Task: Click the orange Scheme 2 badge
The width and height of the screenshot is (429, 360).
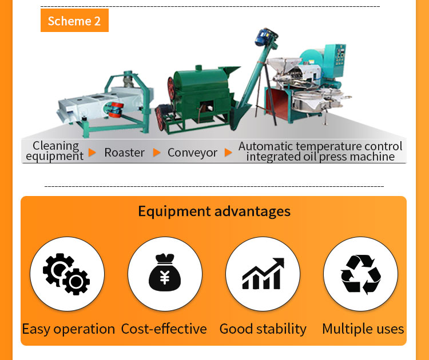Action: coord(74,20)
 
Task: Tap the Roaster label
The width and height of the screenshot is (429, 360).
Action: coord(125,153)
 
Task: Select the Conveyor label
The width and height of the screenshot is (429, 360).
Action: coord(193,153)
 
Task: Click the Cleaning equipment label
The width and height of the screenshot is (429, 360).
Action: coord(55,151)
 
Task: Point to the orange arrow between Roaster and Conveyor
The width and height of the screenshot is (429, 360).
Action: coord(157,153)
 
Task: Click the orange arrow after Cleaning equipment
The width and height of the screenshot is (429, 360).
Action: coord(92,153)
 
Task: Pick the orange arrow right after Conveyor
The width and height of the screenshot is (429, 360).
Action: coord(228,153)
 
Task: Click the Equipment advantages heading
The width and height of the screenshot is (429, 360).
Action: coord(214,211)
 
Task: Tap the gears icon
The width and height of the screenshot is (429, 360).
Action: coord(66,274)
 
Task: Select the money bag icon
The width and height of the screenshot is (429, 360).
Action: coord(165,272)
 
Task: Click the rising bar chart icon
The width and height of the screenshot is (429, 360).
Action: coord(263,273)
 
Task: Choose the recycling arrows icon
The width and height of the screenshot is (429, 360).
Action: coord(361,274)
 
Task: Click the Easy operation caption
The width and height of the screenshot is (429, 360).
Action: coord(69,329)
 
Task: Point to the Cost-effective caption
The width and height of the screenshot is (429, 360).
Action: coord(164,329)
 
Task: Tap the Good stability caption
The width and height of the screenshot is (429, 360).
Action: coord(263,329)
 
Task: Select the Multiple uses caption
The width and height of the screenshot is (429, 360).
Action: coord(363,329)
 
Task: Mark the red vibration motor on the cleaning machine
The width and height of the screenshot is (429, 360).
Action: coord(116,110)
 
